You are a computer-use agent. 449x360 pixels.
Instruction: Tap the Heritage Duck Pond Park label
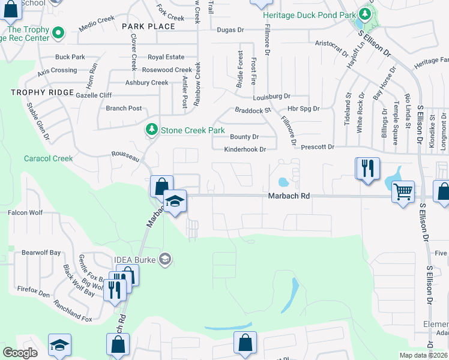(x=309, y=14)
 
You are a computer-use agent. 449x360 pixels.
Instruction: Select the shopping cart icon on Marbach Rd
(x=403, y=192)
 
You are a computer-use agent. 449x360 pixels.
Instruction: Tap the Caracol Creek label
(x=48, y=159)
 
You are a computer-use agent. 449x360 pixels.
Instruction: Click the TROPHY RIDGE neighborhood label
(x=42, y=93)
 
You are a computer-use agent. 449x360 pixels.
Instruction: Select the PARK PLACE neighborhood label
(x=148, y=26)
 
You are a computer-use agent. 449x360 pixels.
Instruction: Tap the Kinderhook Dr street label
(x=245, y=149)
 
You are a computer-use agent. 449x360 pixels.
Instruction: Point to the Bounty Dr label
(x=244, y=137)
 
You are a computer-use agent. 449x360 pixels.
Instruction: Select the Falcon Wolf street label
(x=25, y=212)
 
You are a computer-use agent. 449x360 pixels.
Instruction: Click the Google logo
(x=20, y=353)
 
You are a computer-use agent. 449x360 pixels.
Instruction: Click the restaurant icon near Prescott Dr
(x=367, y=168)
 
